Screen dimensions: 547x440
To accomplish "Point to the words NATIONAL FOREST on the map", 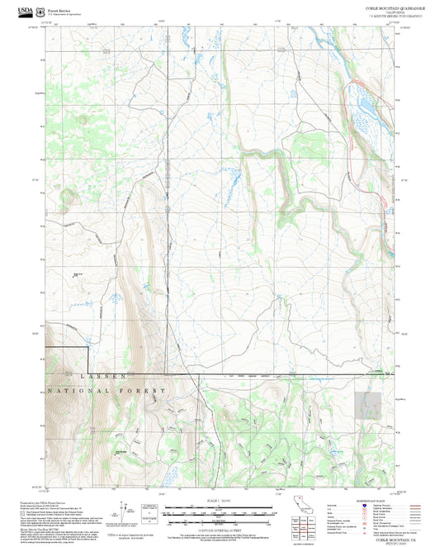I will pyautogui.click(x=107, y=389).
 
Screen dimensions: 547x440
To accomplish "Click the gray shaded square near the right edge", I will pyautogui.click(x=367, y=405).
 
